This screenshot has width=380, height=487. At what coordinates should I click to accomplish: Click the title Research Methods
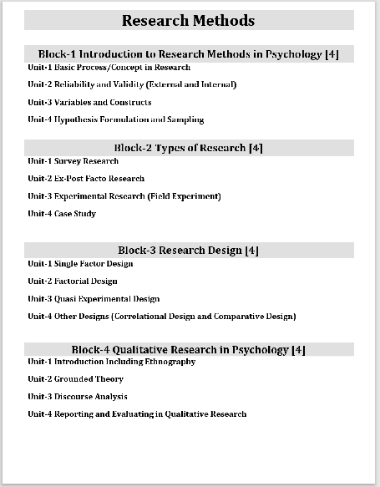pyautogui.click(x=189, y=20)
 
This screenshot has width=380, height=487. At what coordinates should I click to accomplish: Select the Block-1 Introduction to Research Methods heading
pyautogui.click(x=189, y=54)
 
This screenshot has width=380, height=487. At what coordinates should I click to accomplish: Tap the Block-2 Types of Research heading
pyautogui.click(x=189, y=148)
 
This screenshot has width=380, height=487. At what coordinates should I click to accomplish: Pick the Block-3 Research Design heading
pyautogui.click(x=189, y=251)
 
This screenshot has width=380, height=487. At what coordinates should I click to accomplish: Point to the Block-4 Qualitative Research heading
pyautogui.click(x=189, y=349)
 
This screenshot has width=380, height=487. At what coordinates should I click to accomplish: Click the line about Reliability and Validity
pyautogui.click(x=132, y=84)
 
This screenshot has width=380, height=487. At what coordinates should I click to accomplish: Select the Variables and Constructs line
pyautogui.click(x=89, y=102)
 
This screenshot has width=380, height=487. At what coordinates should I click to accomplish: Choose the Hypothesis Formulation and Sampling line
pyautogui.click(x=115, y=119)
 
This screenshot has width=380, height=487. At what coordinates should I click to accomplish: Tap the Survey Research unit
pyautogui.click(x=73, y=160)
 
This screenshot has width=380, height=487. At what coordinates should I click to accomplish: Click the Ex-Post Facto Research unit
pyautogui.click(x=86, y=178)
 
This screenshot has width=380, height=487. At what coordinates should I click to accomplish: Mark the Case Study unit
pyautogui.click(x=62, y=213)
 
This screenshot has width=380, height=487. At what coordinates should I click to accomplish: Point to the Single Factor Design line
pyautogui.click(x=80, y=263)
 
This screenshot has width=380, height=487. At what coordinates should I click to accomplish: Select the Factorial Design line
pyautogui.click(x=73, y=281)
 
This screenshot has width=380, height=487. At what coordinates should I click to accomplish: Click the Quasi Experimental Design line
pyautogui.click(x=94, y=298)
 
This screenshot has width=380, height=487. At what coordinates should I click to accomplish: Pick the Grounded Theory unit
pyautogui.click(x=75, y=378)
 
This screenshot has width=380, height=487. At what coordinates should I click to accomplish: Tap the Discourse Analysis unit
pyautogui.click(x=78, y=396)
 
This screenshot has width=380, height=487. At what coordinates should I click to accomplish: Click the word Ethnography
pyautogui.click(x=170, y=361)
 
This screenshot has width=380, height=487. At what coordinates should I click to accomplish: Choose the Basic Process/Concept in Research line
pyautogui.click(x=109, y=67)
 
